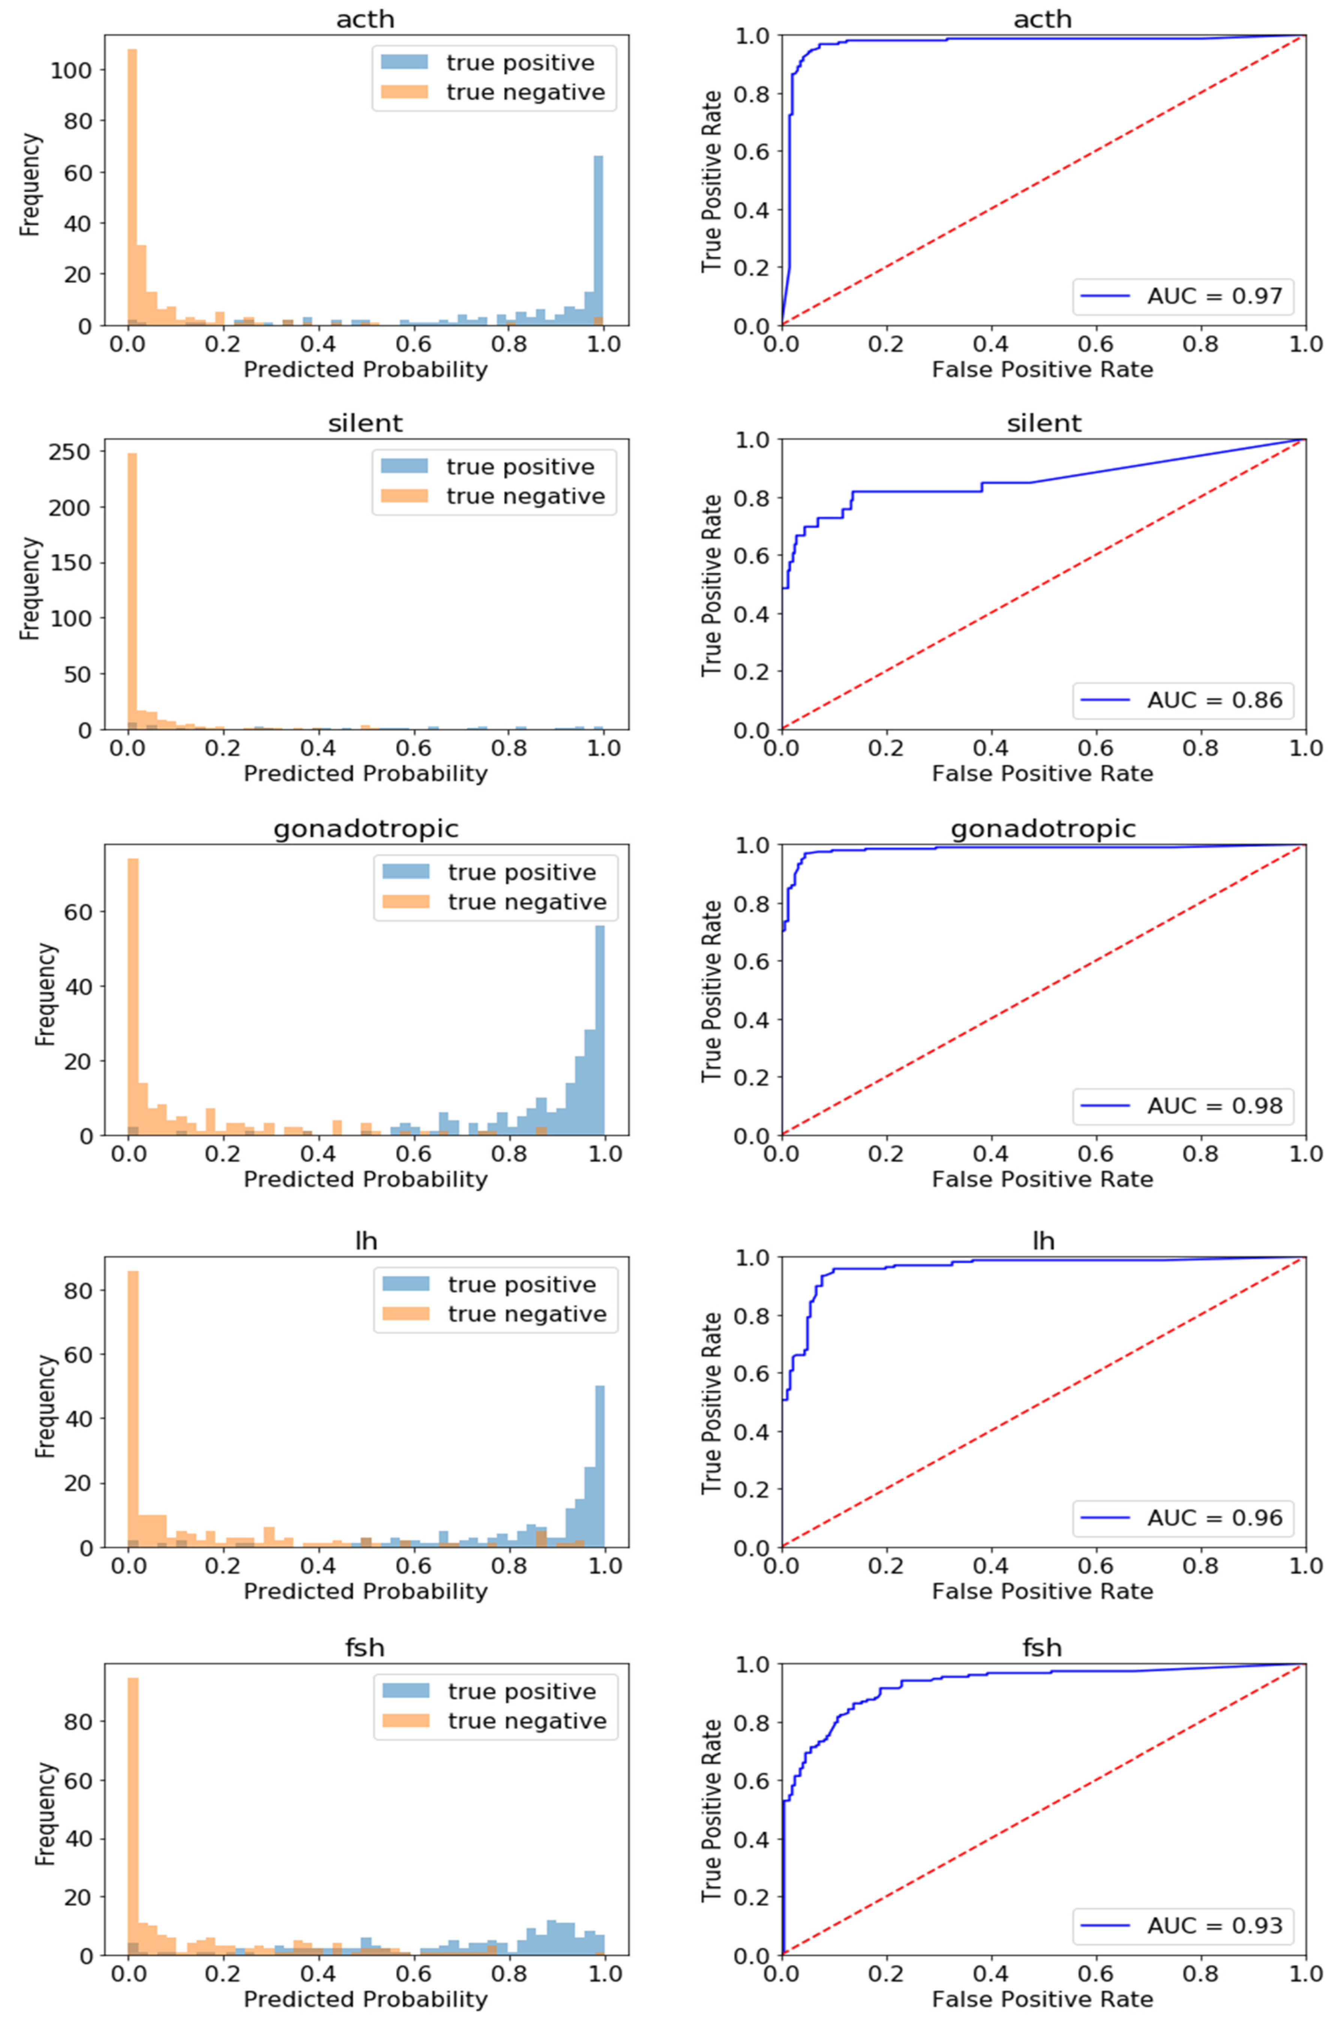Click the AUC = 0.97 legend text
pyautogui.click(x=1214, y=297)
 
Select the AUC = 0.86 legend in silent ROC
pyautogui.click(x=1214, y=700)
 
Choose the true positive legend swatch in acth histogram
pyautogui.click(x=404, y=63)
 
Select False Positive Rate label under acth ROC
pyautogui.click(x=1042, y=370)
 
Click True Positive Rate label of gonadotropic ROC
pyautogui.click(x=712, y=991)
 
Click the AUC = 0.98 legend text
pyautogui.click(x=1214, y=1106)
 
